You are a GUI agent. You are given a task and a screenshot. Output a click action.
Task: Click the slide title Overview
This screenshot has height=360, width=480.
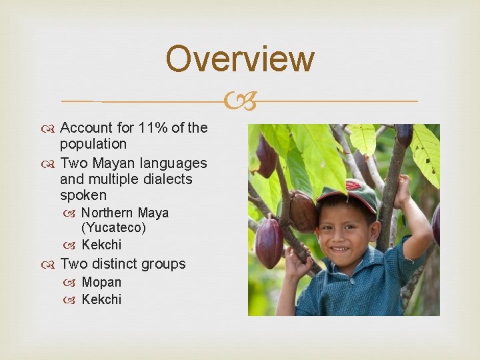pos(239,59)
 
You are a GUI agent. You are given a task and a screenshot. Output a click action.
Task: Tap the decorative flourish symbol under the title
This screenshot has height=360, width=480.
pos(239,102)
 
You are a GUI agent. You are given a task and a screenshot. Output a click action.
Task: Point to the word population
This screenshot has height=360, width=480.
pos(93,144)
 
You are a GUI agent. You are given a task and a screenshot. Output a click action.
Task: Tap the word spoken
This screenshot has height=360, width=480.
pos(83,195)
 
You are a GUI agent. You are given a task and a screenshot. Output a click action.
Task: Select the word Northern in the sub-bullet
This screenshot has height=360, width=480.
pos(107,213)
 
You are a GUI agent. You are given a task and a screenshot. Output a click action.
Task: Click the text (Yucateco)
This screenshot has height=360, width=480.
pos(113,228)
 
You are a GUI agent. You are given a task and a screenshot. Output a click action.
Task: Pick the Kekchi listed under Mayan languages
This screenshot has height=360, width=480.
pos(101,245)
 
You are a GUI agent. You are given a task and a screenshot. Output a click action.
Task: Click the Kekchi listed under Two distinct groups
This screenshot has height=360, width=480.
pos(101,300)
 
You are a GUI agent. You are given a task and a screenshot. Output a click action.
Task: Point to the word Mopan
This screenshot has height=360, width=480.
pos(101,283)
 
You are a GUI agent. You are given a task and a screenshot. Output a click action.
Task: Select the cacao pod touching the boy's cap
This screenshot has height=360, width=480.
pos(303,211)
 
